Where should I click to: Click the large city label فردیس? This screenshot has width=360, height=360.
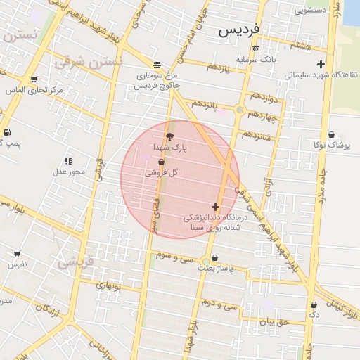coord(238,30)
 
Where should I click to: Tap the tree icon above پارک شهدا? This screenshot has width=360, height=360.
coord(169,136)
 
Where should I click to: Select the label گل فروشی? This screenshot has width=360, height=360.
coord(161,172)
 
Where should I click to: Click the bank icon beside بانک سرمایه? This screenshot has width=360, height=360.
coord(255,49)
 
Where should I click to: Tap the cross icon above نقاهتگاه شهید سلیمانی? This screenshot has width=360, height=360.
coord(321,64)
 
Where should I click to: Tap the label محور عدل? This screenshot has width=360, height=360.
coord(69,172)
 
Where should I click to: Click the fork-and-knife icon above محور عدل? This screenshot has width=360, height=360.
coord(68,161)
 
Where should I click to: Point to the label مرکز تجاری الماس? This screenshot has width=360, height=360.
coord(34,91)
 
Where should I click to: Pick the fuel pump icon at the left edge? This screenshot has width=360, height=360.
coord(6,132)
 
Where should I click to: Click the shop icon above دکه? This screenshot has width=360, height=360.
coord(314,305)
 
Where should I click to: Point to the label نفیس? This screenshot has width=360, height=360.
coord(17,265)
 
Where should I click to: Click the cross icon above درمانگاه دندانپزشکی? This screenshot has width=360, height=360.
coord(215,207)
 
